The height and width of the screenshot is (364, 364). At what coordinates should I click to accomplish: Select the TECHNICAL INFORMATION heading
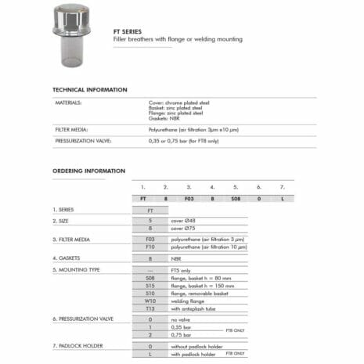tap(89, 90)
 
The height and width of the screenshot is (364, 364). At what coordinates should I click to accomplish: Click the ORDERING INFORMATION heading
tap(88, 171)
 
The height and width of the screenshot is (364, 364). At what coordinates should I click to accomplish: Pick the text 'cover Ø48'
tap(182, 222)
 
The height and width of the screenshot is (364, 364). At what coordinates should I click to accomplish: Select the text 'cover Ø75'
tap(182, 229)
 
